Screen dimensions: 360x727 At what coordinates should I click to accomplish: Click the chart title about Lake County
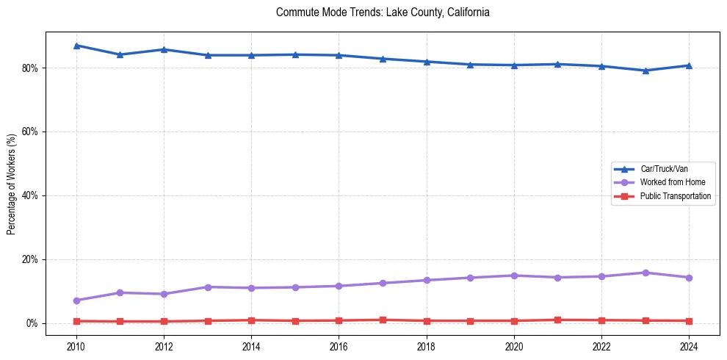click(x=383, y=12)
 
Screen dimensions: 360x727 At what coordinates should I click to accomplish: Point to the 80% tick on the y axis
click(x=31, y=68)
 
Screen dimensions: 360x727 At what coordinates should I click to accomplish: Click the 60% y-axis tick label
click(x=31, y=132)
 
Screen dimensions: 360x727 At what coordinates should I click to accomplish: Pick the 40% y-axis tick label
click(x=31, y=196)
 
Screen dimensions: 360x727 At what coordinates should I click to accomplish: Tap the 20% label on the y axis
click(x=31, y=260)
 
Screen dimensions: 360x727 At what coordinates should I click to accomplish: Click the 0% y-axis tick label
click(x=33, y=324)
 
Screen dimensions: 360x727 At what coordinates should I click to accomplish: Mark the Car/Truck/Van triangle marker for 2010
click(x=76, y=46)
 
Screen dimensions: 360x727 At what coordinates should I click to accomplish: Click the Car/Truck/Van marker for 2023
click(x=645, y=71)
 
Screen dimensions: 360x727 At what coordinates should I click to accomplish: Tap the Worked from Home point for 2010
click(x=76, y=300)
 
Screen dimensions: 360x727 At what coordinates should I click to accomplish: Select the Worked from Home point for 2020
click(x=514, y=276)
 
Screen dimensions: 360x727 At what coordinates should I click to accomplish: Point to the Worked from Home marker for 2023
click(x=645, y=273)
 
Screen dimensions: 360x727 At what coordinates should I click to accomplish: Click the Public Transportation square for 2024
click(x=689, y=321)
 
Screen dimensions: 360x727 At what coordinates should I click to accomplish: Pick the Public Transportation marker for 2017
click(x=383, y=320)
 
